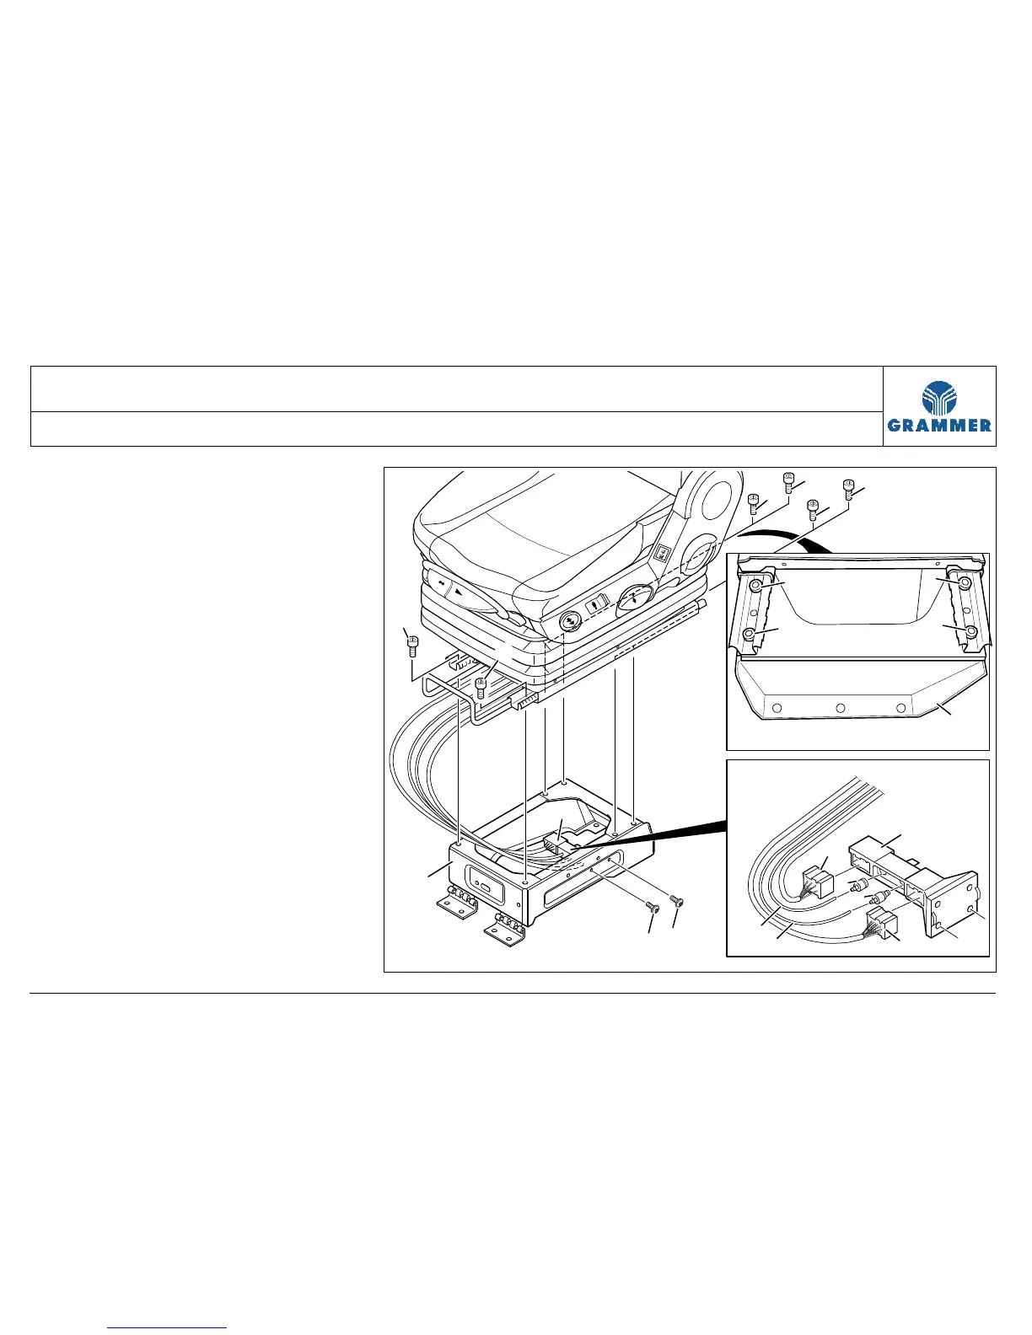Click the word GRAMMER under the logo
(940, 426)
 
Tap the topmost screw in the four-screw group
(790, 482)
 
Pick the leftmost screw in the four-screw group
(754, 503)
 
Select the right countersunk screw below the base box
(676, 900)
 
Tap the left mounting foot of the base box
(454, 905)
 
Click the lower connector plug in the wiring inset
(878, 922)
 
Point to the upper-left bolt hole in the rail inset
(756, 584)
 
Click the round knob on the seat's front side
(569, 621)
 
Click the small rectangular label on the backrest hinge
(663, 553)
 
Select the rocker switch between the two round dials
(597, 603)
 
